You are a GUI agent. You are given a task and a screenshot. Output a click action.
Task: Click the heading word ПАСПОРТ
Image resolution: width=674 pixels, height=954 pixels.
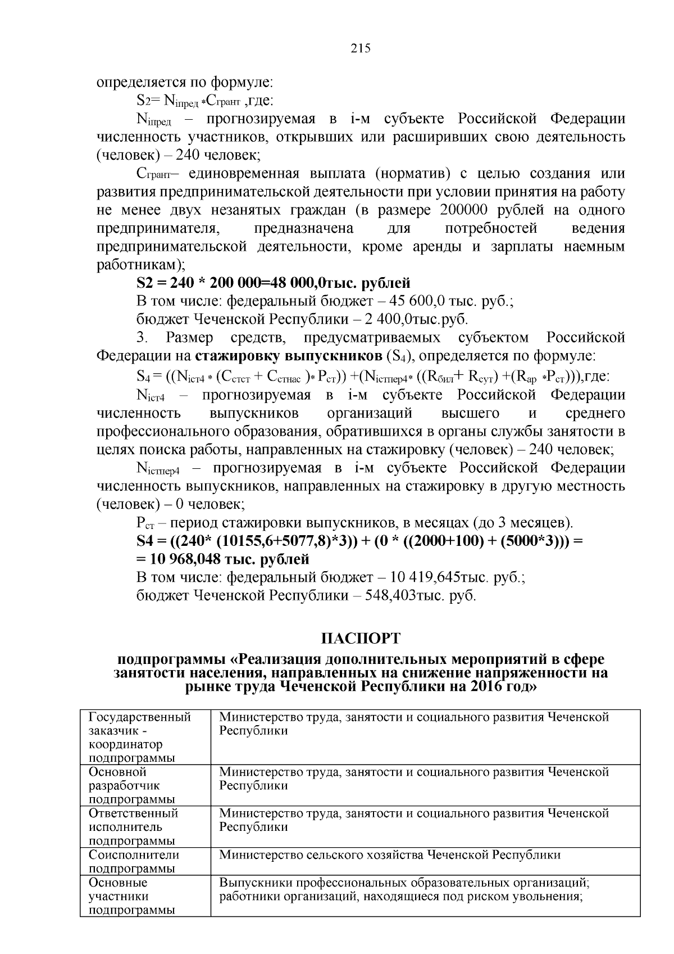tap(361, 638)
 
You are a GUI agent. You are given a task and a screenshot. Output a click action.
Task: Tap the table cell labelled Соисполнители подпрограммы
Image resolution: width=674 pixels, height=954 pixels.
tap(134, 861)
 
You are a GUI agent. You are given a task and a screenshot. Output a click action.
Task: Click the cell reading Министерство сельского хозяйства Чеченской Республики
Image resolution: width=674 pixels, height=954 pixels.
tap(389, 855)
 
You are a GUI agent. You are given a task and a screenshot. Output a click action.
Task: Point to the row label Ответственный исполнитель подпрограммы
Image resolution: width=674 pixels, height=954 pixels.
tap(133, 827)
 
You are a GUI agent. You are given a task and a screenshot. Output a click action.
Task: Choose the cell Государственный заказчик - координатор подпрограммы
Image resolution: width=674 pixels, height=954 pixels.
tap(139, 737)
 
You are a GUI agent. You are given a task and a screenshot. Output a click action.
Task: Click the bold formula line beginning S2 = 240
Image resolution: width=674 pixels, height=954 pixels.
tap(273, 283)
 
